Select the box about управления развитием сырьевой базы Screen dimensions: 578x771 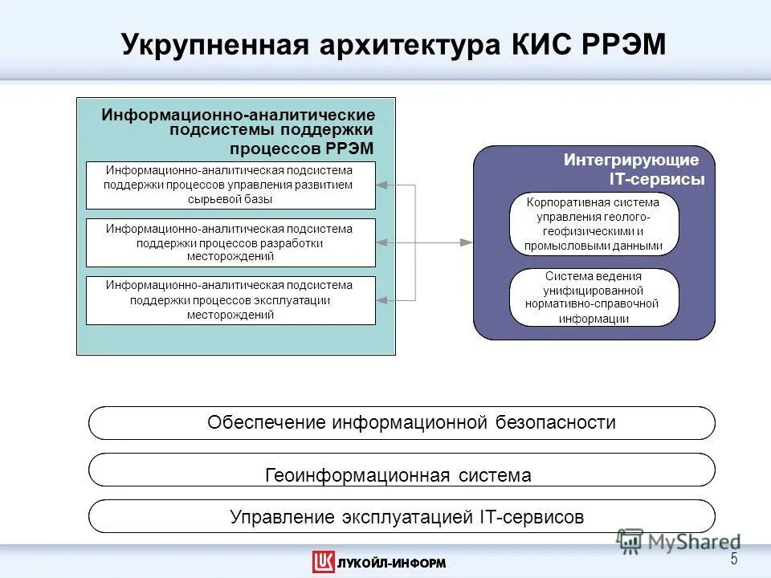230,185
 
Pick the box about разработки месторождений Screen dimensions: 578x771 230,242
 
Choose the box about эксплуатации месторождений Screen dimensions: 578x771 230,300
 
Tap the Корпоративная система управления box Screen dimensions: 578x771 594,224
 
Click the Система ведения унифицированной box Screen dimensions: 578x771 594,297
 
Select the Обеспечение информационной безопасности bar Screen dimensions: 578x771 402,422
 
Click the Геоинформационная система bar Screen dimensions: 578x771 402,475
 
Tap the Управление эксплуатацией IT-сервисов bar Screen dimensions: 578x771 402,517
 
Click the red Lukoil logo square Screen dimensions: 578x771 323,562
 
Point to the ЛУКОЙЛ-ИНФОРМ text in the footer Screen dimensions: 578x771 391,563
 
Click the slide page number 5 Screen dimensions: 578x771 733,560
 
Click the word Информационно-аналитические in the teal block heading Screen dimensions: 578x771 238,116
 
